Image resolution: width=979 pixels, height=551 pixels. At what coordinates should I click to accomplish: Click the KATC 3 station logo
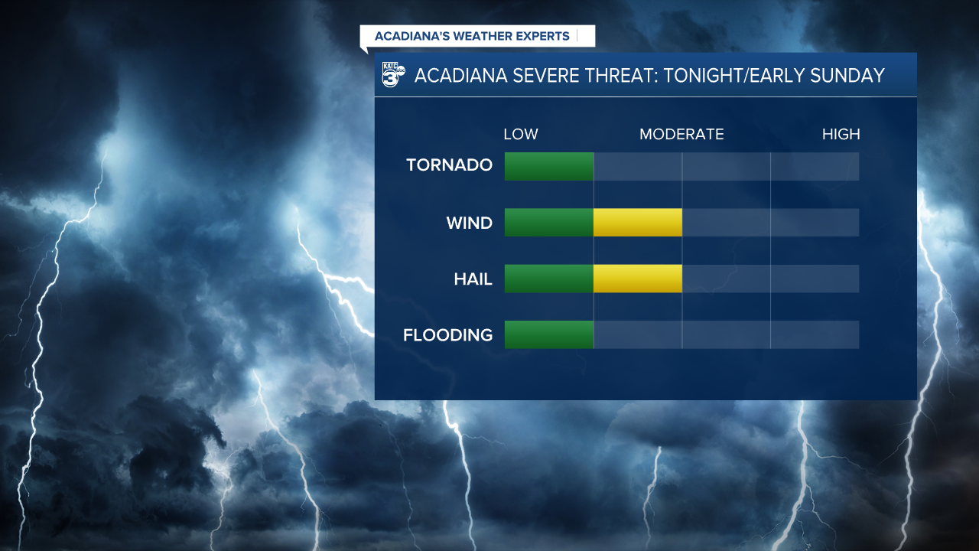[392, 76]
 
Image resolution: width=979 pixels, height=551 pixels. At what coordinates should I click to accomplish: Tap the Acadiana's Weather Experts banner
[472, 36]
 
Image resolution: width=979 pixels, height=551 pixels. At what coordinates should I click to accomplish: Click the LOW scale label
[521, 135]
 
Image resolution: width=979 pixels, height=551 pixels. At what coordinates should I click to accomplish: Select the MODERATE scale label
[681, 135]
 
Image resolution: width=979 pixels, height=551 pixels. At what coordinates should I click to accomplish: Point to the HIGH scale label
[841, 135]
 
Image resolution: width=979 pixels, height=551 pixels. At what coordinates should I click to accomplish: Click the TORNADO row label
[449, 165]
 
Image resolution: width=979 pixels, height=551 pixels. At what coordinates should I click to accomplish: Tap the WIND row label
[469, 223]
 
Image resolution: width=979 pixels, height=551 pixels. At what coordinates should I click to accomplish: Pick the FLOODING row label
[447, 335]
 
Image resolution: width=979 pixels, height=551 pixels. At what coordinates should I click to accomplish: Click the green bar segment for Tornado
[549, 166]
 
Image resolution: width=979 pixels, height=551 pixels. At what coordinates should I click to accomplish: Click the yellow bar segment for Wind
[637, 223]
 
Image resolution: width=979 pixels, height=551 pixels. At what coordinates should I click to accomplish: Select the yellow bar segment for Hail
[637, 279]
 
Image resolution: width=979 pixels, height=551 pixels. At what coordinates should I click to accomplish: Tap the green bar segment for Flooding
[549, 335]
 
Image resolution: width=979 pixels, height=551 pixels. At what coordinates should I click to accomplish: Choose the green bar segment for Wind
[549, 223]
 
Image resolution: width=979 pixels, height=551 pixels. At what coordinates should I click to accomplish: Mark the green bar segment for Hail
[549, 279]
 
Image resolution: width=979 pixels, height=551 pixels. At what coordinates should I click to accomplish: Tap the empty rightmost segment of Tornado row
[815, 166]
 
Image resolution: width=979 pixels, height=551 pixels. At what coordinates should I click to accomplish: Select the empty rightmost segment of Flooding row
[815, 335]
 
